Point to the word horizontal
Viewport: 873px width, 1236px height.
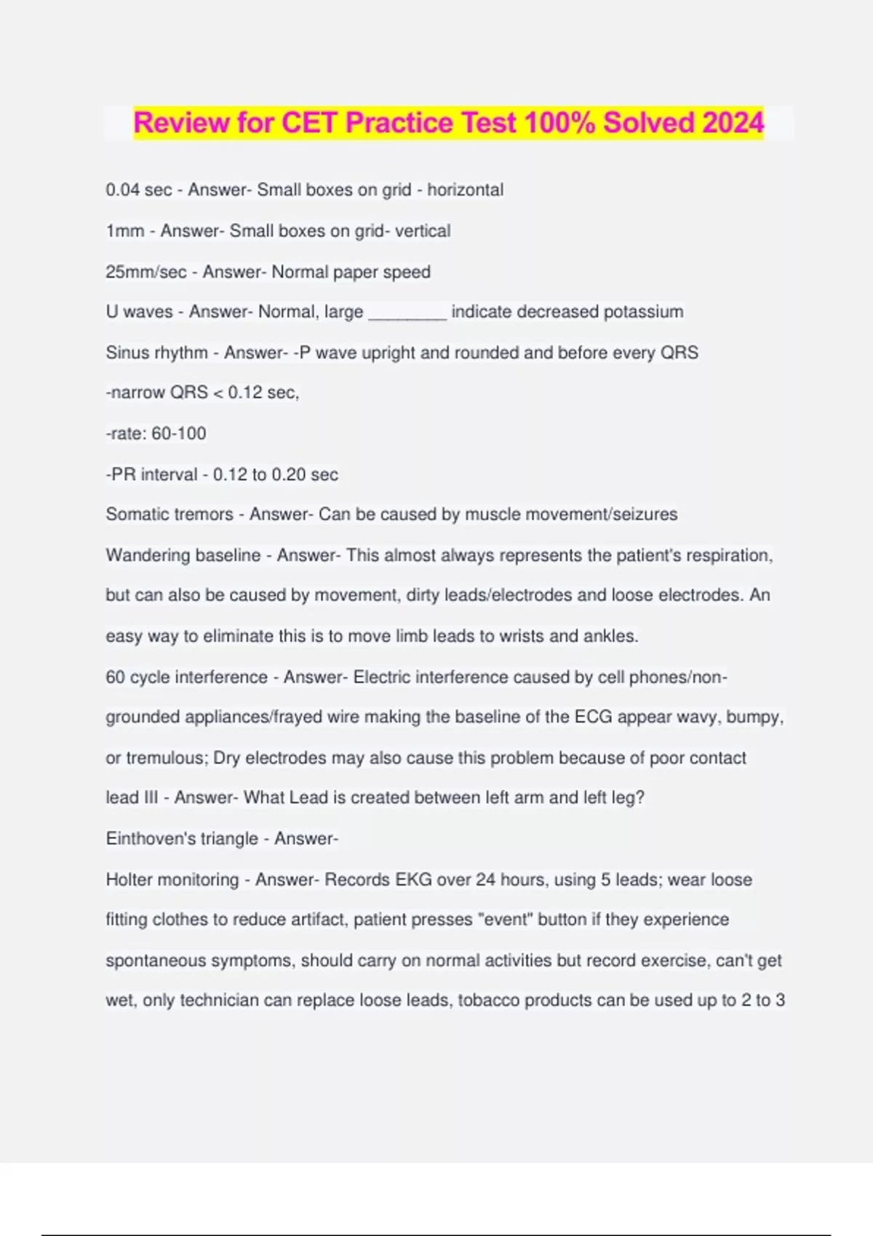click(465, 190)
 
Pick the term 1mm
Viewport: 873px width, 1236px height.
click(124, 231)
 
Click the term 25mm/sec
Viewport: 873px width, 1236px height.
click(145, 272)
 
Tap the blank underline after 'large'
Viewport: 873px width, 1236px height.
click(407, 313)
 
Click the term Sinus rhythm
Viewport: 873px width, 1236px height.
click(156, 353)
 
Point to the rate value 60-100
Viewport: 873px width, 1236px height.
click(179, 433)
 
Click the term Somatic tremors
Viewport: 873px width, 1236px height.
click(169, 515)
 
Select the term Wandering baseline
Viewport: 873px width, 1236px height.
click(183, 555)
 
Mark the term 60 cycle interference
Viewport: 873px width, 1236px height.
click(186, 677)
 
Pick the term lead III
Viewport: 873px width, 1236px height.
click(132, 798)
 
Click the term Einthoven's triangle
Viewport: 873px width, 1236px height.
click(181, 839)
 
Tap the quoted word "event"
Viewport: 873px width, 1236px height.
click(506, 920)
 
